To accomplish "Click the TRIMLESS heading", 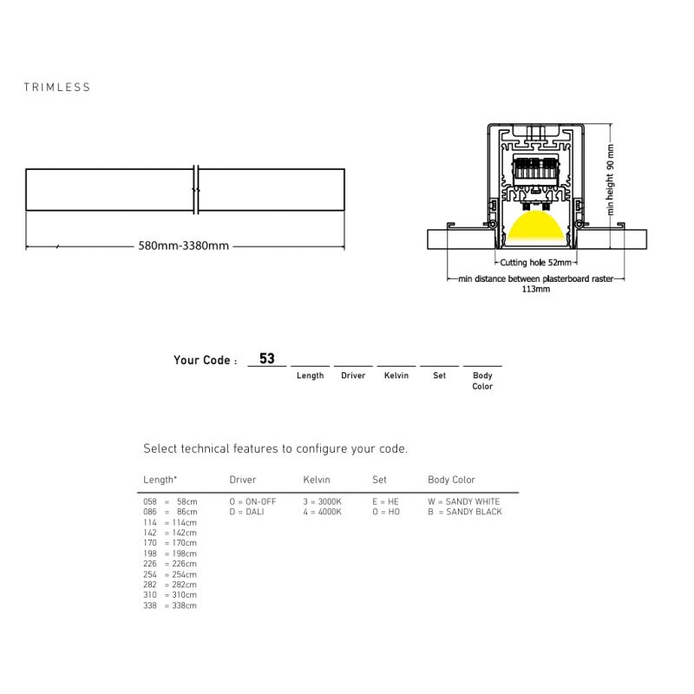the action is [x=57, y=88].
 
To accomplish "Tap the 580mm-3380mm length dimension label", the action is [x=184, y=246].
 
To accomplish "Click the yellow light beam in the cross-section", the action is [x=535, y=226].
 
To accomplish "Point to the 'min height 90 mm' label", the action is [x=611, y=180].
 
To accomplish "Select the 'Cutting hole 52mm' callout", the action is [x=535, y=263].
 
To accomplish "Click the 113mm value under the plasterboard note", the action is [x=535, y=289].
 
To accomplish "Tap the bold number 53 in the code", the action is [x=267, y=358].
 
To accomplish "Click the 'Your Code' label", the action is [x=205, y=360].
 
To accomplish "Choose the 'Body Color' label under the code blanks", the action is [x=482, y=381].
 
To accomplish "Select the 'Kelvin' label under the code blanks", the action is [x=396, y=376].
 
